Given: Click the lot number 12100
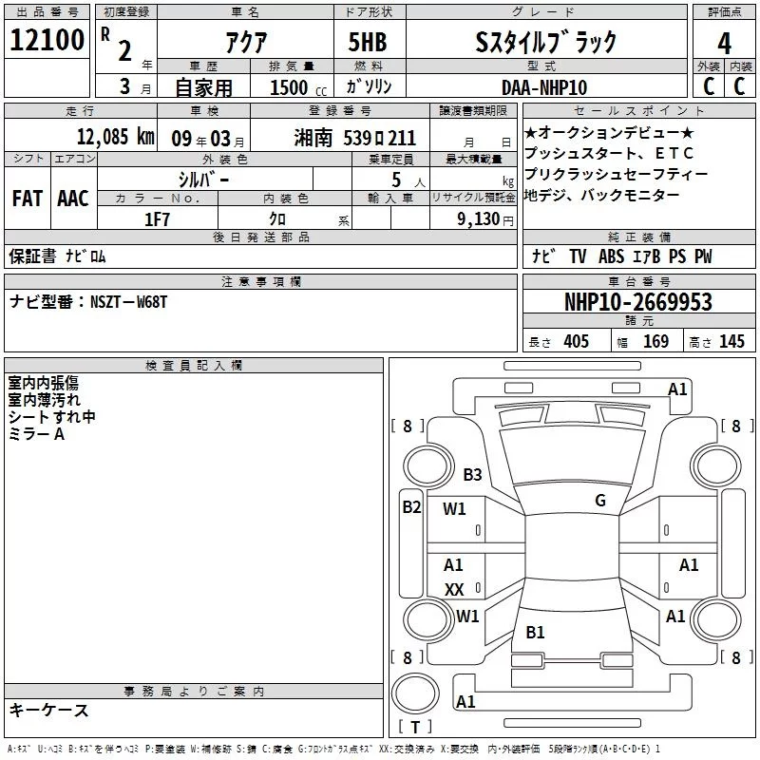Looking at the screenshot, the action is point(47,40).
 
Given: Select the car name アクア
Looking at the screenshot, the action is point(245,42).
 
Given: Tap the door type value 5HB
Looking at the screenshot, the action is point(368,42).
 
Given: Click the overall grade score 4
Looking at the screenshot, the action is point(725,44).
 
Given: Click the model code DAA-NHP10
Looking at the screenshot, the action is point(544,87).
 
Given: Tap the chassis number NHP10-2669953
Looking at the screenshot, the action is point(637,302).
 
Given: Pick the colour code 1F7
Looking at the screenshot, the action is point(156,218).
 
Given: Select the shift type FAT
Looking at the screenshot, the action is point(27,198).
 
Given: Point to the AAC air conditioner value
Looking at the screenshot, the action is point(72,198).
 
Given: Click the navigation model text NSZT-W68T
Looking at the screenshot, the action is point(129,301).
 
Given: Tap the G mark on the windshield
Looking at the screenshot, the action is point(599,501).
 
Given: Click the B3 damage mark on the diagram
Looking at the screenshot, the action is point(472,475).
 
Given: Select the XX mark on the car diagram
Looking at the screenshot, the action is point(454,589).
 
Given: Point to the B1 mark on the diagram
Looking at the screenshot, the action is point(535,632).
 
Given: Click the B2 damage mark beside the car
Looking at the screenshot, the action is point(410,506).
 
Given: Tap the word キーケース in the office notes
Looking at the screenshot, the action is point(48,710).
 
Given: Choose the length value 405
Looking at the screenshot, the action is point(576,342).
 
